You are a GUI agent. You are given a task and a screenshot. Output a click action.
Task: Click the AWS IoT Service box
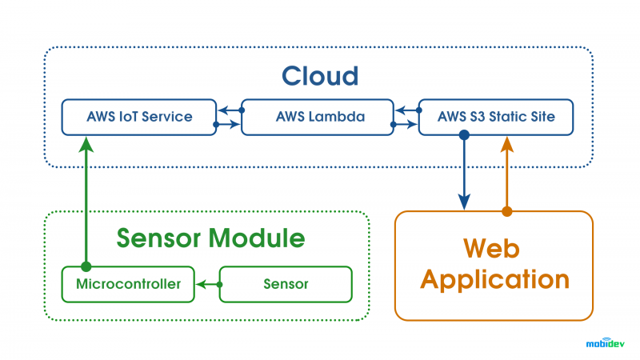point(138,117)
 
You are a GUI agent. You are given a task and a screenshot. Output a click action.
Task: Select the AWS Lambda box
point(318,117)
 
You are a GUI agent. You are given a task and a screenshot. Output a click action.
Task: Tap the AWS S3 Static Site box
point(496,117)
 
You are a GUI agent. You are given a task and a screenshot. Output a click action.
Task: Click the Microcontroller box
point(128,285)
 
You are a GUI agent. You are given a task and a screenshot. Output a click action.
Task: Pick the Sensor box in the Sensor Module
point(286,285)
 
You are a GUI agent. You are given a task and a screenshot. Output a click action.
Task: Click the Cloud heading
point(320,76)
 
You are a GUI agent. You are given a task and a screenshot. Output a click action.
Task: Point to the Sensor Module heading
point(210,238)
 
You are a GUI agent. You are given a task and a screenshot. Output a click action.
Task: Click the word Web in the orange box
point(491,248)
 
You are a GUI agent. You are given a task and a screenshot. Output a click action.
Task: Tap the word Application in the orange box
point(494,280)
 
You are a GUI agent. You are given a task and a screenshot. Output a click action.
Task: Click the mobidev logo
point(606,343)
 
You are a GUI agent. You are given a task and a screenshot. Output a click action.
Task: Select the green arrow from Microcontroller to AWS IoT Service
point(86,202)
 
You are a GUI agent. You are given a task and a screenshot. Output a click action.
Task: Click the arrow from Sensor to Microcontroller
point(209,285)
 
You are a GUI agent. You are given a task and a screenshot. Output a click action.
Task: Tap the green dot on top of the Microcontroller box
point(86,267)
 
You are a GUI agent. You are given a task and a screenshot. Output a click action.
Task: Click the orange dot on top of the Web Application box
point(507,211)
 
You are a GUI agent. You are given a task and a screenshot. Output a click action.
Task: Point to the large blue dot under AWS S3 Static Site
point(464,134)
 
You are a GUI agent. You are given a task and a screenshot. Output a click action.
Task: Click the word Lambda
point(337,117)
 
